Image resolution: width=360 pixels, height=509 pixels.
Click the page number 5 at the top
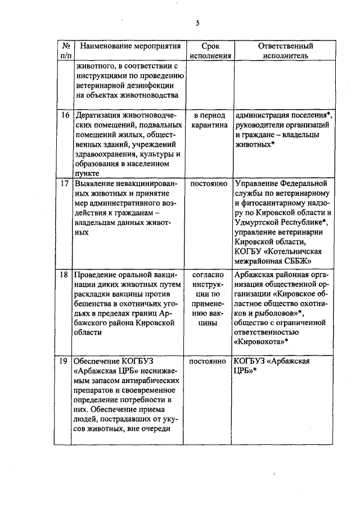[197, 22]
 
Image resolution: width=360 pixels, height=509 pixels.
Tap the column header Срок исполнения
[209, 51]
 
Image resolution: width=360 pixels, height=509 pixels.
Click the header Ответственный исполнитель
[285, 51]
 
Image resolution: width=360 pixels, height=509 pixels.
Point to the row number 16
[65, 115]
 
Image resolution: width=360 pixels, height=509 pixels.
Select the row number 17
[65, 183]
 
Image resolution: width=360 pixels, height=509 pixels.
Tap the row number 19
[65, 361]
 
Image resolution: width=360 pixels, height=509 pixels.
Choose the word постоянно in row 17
[209, 183]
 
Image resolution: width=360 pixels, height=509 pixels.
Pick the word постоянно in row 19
[209, 361]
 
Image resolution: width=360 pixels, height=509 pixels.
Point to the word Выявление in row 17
[96, 183]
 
